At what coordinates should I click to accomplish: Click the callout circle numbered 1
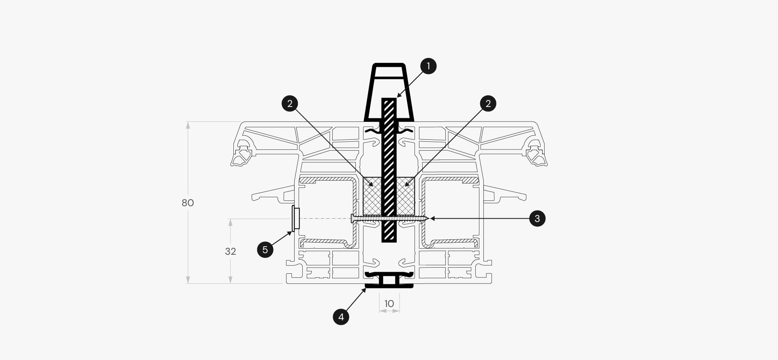[x=428, y=66]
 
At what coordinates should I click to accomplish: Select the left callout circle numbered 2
[x=290, y=104]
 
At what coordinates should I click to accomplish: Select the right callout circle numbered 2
[x=488, y=104]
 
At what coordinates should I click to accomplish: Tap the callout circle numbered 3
[x=537, y=219]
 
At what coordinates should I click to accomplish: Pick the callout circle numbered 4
[x=341, y=317]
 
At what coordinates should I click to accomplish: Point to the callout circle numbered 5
[x=265, y=249]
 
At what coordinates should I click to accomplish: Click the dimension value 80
[x=188, y=203]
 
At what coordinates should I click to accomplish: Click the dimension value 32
[x=231, y=251]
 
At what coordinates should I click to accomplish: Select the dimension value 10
[x=389, y=304]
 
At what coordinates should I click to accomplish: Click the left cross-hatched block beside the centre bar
[x=372, y=196]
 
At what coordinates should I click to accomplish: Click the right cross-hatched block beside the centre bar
[x=406, y=196]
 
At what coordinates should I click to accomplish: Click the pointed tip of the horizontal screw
[x=428, y=219]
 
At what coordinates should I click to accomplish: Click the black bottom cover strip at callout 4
[x=389, y=286]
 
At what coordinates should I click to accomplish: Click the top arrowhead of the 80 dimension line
[x=188, y=125]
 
